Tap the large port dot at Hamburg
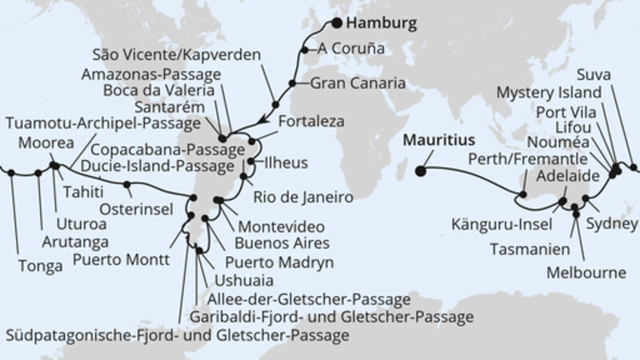(338, 23)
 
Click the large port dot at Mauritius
(421, 169)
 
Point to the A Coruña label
(350, 48)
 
